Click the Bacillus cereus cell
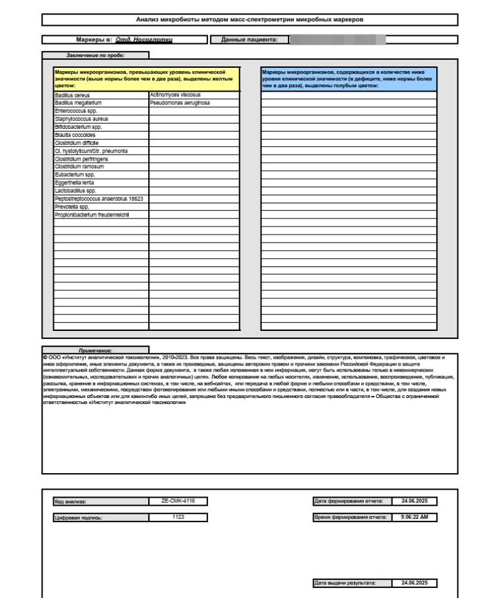[72, 95]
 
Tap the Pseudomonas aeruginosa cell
[180, 103]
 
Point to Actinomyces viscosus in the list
[176, 95]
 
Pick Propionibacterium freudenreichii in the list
[92, 215]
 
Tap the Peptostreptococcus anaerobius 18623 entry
[99, 199]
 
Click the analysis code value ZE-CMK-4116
[178, 501]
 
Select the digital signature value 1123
[178, 516]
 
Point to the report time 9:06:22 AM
[414, 516]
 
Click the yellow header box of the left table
[146, 78]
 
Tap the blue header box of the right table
[348, 78]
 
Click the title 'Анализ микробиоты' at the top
[249, 20]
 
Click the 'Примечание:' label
[95, 350]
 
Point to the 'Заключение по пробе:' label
[95, 55]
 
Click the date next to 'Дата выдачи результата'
[414, 583]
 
